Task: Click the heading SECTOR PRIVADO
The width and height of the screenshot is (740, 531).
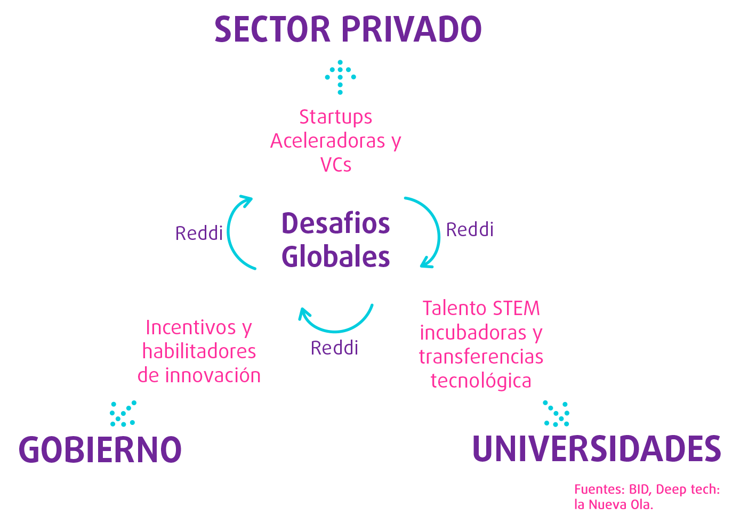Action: pyautogui.click(x=348, y=30)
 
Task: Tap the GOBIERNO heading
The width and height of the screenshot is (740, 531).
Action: pyautogui.click(x=101, y=449)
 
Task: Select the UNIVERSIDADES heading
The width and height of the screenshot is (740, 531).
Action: pyautogui.click(x=596, y=449)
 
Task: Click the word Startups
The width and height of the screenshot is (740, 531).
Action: pyautogui.click(x=335, y=117)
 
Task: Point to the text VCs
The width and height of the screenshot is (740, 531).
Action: pyautogui.click(x=336, y=165)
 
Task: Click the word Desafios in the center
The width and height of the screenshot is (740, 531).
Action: pyautogui.click(x=335, y=223)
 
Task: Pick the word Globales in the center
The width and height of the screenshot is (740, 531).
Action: pyautogui.click(x=335, y=257)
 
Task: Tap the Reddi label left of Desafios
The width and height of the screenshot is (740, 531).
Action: pyautogui.click(x=199, y=234)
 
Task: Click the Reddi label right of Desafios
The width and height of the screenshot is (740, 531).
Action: pyautogui.click(x=470, y=230)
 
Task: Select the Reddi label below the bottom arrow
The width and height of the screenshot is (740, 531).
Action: pyautogui.click(x=334, y=348)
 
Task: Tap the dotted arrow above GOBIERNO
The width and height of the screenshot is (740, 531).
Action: pyautogui.click(x=123, y=414)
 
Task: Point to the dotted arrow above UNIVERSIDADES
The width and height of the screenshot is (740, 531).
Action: pyautogui.click(x=557, y=414)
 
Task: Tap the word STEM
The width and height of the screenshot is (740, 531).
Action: pyautogui.click(x=516, y=309)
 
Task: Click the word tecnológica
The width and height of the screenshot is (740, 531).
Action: pyautogui.click(x=481, y=381)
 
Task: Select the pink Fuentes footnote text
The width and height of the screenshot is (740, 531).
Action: pyautogui.click(x=647, y=497)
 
